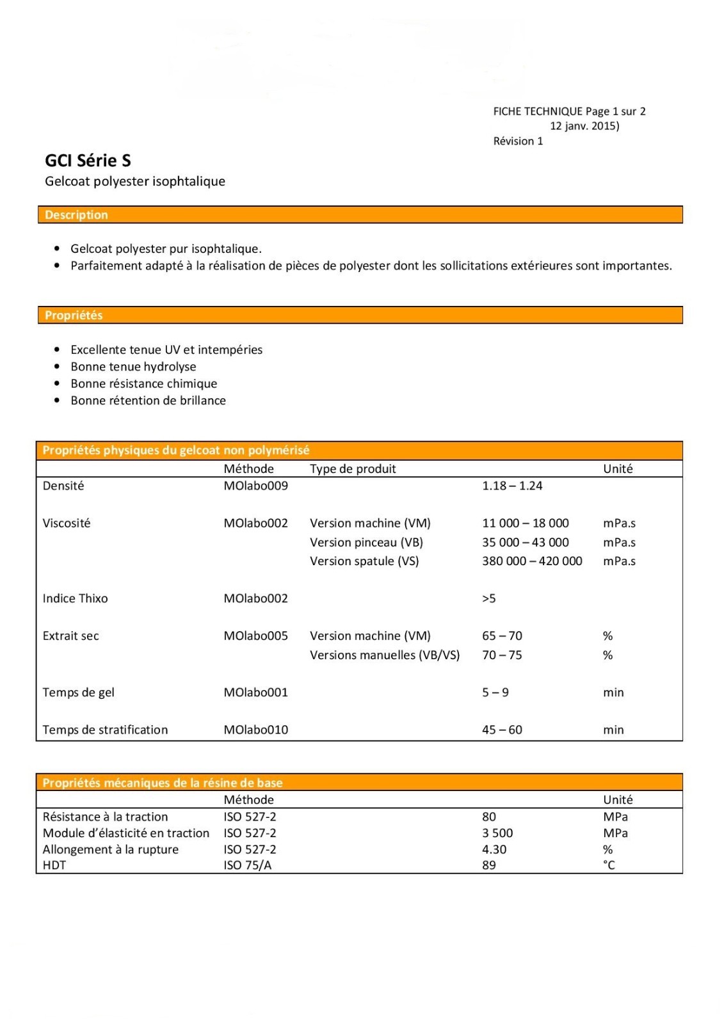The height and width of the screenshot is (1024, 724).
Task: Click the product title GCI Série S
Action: pyautogui.click(x=88, y=161)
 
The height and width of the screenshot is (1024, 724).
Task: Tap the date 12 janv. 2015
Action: pyautogui.click(x=584, y=126)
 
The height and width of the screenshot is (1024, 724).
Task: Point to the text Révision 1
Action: pyautogui.click(x=518, y=141)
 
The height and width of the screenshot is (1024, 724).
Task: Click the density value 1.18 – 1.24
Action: pyautogui.click(x=511, y=486)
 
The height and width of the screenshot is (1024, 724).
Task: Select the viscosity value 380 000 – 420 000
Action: pyautogui.click(x=531, y=561)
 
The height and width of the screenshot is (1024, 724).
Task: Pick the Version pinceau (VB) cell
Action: pyautogui.click(x=366, y=543)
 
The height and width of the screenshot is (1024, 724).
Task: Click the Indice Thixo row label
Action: pyautogui.click(x=75, y=598)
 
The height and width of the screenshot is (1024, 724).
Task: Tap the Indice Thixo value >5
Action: pyautogui.click(x=488, y=598)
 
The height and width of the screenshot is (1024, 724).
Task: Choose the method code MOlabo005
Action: pyautogui.click(x=255, y=636)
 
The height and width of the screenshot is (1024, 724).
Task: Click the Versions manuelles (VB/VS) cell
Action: pyautogui.click(x=384, y=655)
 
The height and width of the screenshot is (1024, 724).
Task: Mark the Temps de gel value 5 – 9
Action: pyautogui.click(x=495, y=692)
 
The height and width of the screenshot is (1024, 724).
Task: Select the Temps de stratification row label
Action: pyautogui.click(x=105, y=730)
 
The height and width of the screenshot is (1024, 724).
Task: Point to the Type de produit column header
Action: pyautogui.click(x=353, y=469)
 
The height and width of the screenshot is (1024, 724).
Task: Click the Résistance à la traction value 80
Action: pyautogui.click(x=488, y=817)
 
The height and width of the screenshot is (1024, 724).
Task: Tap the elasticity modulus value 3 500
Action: pyautogui.click(x=497, y=833)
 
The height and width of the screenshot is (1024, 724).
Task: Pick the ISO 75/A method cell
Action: pyautogui.click(x=247, y=865)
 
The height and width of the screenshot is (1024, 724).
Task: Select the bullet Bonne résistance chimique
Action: pyautogui.click(x=143, y=384)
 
